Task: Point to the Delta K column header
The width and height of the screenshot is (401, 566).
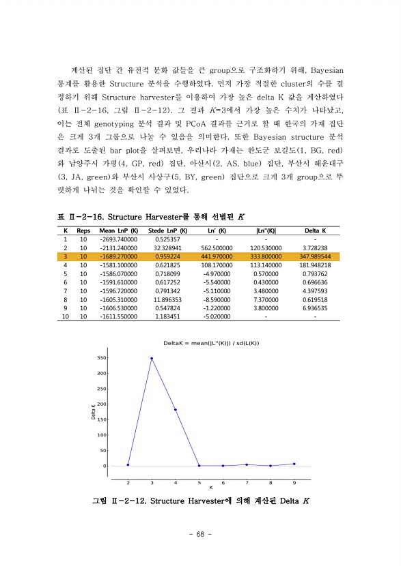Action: click(x=315, y=230)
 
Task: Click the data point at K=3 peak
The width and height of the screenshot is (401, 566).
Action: click(x=152, y=358)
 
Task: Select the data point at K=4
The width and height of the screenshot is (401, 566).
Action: click(x=176, y=410)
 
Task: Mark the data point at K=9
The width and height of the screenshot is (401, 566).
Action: click(x=294, y=464)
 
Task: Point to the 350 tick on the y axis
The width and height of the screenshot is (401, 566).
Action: click(x=101, y=358)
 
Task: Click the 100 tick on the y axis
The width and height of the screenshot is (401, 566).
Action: click(x=101, y=435)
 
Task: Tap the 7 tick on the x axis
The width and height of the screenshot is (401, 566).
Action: click(x=247, y=482)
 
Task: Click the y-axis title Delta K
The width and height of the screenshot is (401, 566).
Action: click(x=93, y=412)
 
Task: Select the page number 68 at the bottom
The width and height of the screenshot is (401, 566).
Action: click(x=200, y=534)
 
